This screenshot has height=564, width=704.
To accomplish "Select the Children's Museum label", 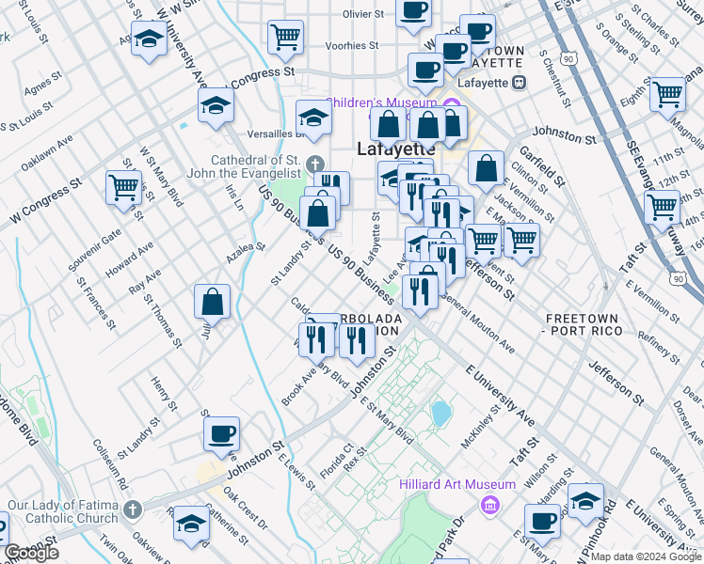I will click(381, 102).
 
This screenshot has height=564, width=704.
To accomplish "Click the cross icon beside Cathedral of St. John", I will click(314, 161).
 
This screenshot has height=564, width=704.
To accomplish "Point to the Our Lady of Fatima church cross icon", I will click(133, 511).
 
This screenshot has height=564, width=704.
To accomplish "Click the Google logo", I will click(31, 553).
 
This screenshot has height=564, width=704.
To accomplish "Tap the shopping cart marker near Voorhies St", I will click(285, 38).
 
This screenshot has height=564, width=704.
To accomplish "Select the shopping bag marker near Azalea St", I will click(213, 303).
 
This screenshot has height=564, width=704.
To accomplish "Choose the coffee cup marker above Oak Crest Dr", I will click(222, 434).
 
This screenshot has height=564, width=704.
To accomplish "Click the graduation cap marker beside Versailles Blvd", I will click(313, 117).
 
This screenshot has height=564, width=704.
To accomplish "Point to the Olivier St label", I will click(362, 14).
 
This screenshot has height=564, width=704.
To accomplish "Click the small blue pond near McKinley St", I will click(440, 412).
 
